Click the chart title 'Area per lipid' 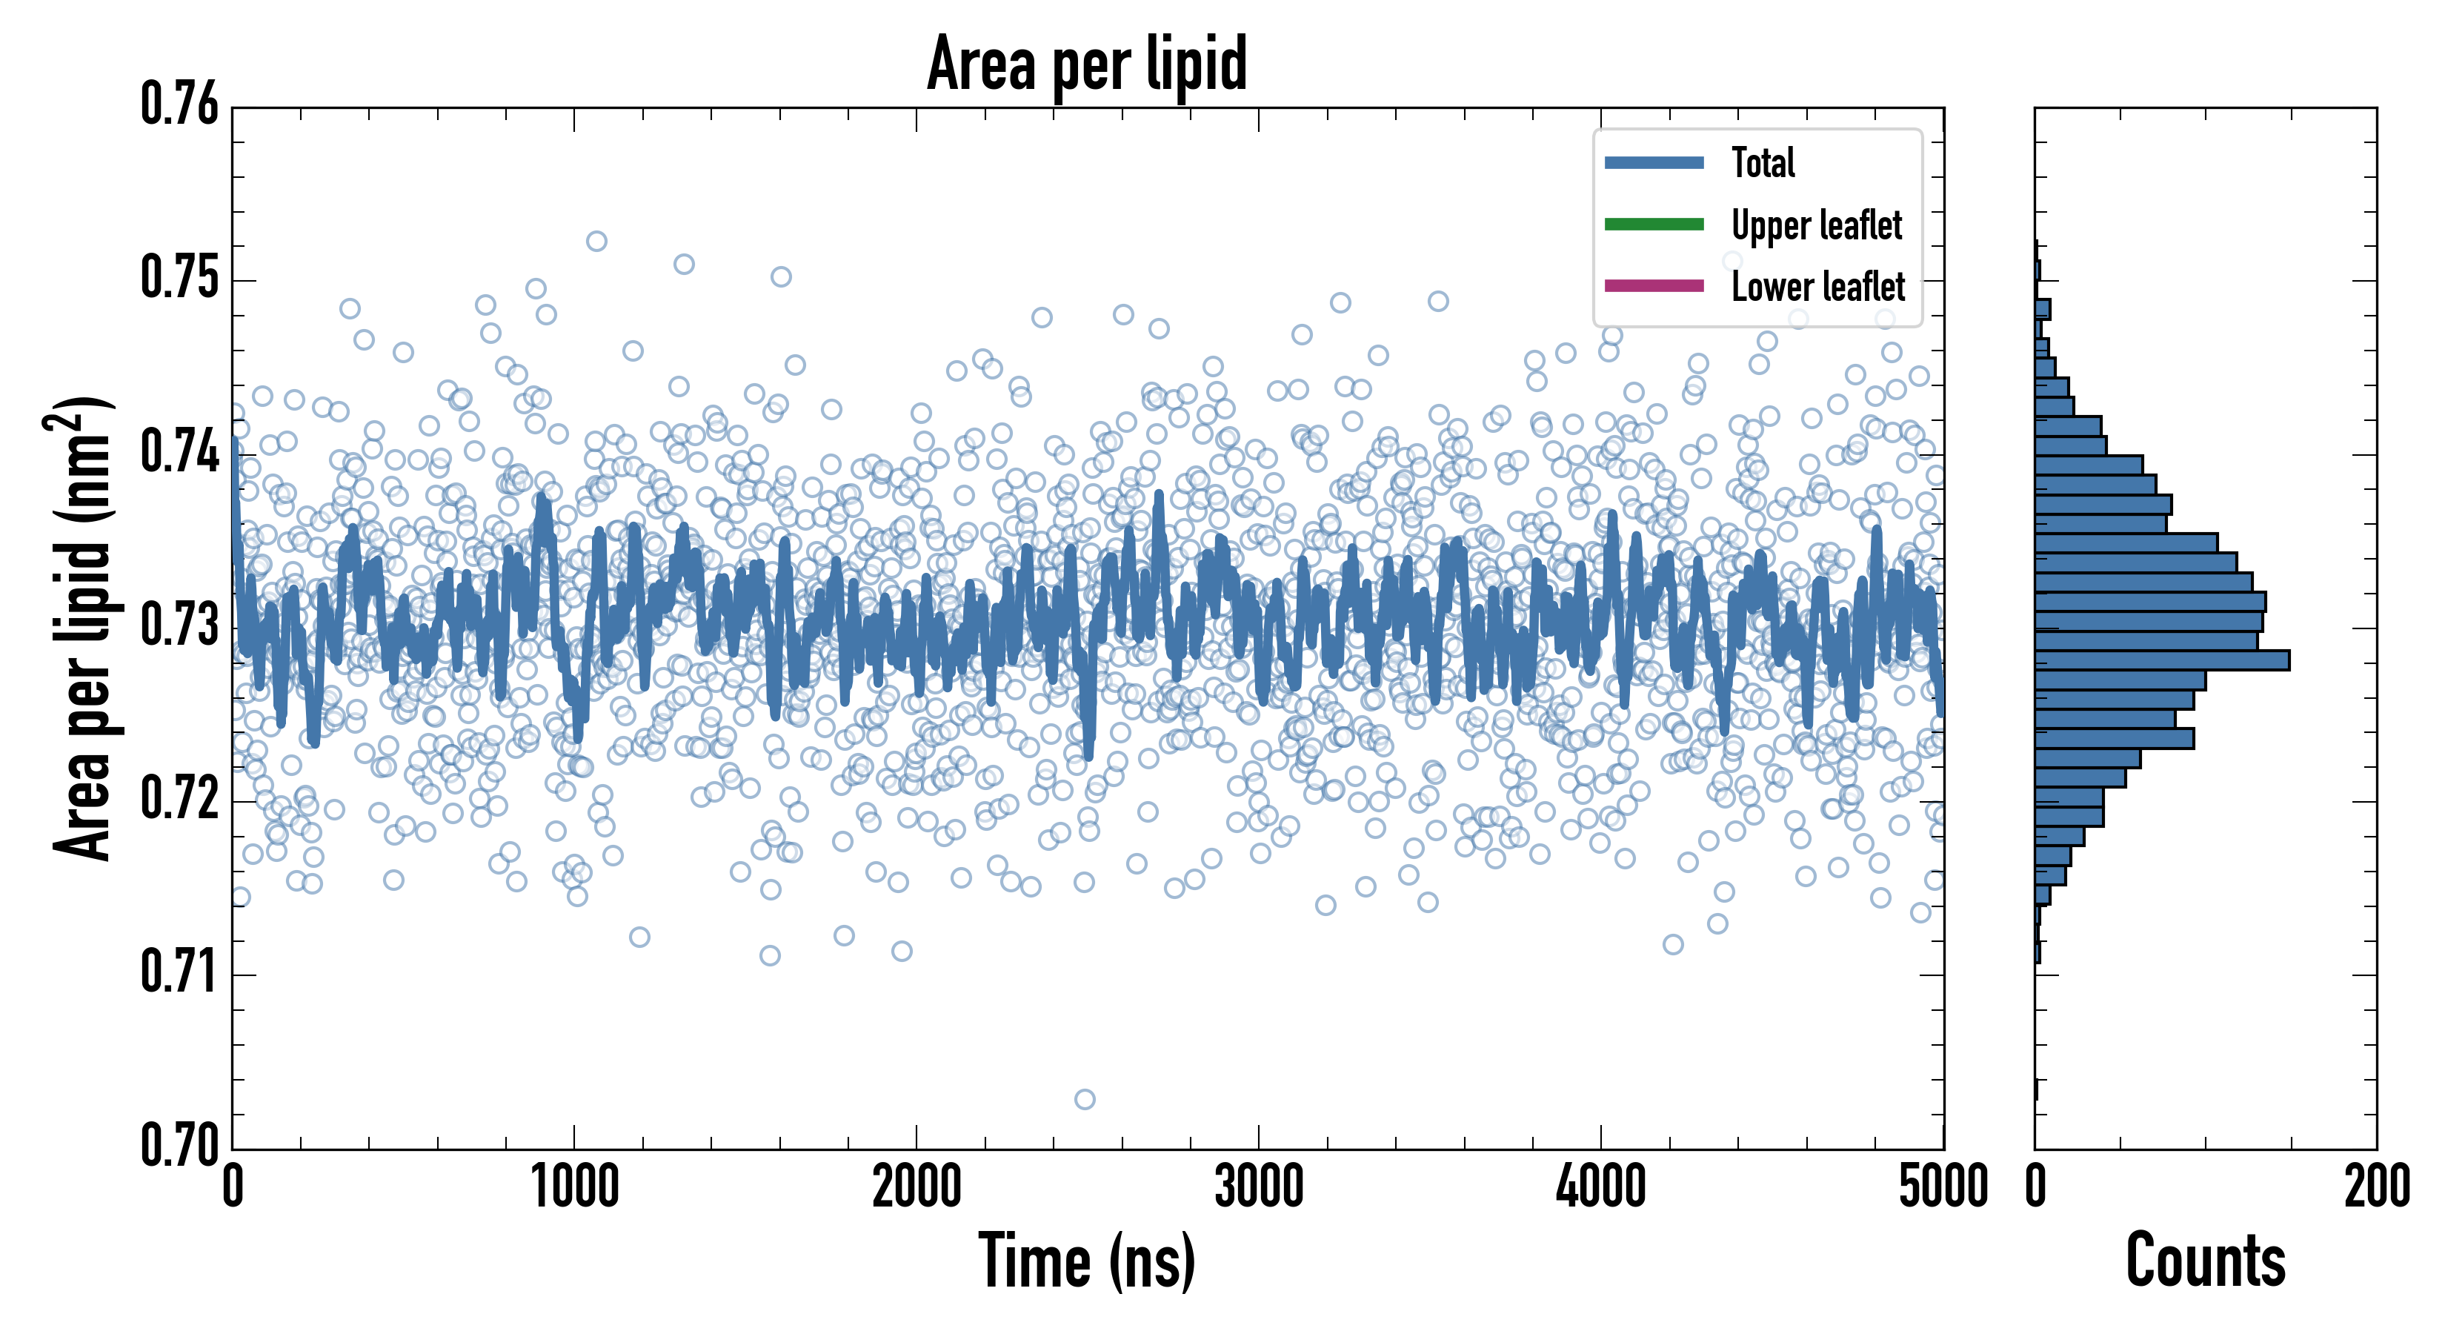1087,64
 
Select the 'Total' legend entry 1763,162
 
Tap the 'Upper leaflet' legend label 1816,225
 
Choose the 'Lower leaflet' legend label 1817,287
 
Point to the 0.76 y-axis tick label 180,104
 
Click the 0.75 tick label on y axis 180,279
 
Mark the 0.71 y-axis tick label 180,972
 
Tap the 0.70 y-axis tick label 180,1145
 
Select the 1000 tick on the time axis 574,1187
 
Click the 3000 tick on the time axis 1259,1187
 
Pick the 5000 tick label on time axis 1943,1187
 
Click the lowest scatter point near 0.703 1085,1100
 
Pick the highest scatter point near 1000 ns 596,241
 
